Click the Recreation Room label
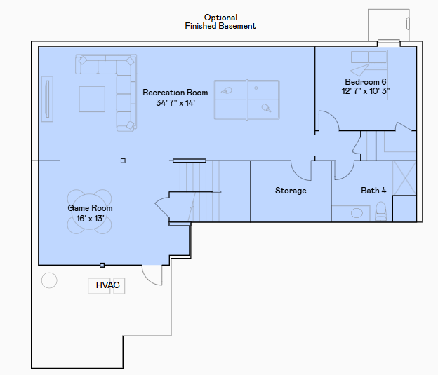(x=175, y=93)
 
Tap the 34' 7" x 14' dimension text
(x=175, y=103)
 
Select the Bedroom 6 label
(x=366, y=82)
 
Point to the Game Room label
(x=90, y=208)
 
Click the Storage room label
(x=291, y=191)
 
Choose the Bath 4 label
(x=373, y=191)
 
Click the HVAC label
(x=108, y=285)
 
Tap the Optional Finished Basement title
(x=220, y=22)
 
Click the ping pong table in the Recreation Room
(x=247, y=100)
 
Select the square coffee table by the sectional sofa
(x=92, y=99)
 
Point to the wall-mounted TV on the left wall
(x=47, y=99)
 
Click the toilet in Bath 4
(x=380, y=212)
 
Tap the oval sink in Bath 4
(x=357, y=213)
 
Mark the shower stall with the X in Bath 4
(x=405, y=178)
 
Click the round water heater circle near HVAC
(x=49, y=280)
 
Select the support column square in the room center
(x=124, y=161)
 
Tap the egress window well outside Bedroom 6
(x=389, y=25)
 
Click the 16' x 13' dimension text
(x=90, y=219)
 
